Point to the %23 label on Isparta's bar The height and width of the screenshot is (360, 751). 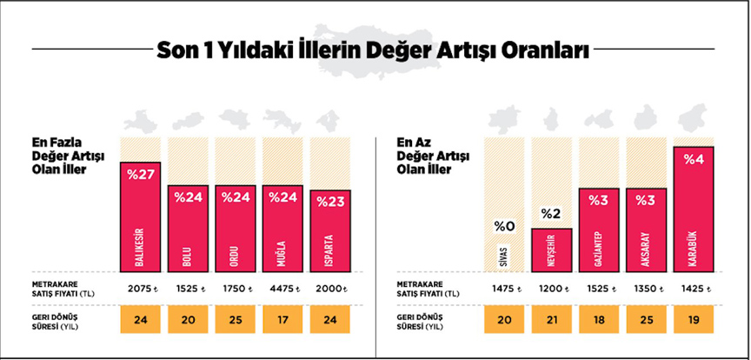329,202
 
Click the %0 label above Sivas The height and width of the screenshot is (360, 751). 505,227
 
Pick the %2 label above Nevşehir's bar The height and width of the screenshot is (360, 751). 551,214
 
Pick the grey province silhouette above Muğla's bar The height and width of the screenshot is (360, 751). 281,120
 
